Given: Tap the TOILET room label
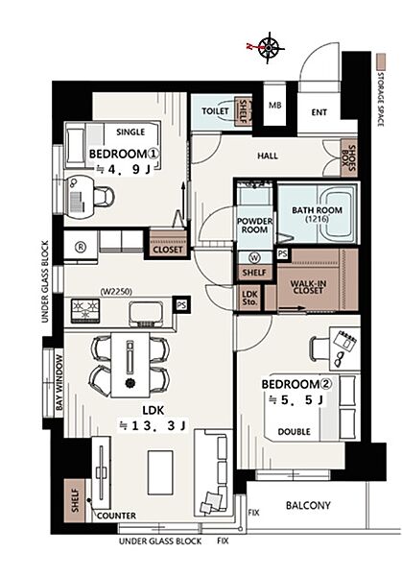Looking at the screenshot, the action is tap(215, 111).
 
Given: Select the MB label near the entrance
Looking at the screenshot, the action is tap(275, 106).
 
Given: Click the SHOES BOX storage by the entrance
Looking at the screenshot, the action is tap(349, 158).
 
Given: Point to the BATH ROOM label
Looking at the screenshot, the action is tap(317, 210).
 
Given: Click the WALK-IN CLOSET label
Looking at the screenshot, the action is tap(308, 287).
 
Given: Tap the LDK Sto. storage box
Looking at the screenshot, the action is tap(250, 299).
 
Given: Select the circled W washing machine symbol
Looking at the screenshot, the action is tap(254, 258).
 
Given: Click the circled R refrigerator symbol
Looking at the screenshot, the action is tap(81, 248).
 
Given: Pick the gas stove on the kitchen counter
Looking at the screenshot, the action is tap(85, 311).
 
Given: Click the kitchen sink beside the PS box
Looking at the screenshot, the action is tap(146, 313).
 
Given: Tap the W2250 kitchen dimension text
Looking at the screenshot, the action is tap(116, 292).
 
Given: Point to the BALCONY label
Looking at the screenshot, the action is tap(308, 506).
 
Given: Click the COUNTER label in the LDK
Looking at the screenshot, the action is tap(116, 516).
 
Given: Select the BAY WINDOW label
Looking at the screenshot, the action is tap(59, 383).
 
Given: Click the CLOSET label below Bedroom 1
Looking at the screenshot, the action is tap(168, 250).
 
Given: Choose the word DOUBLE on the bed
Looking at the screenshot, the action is tap(295, 432).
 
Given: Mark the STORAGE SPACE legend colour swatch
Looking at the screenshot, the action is tap(382, 61).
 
